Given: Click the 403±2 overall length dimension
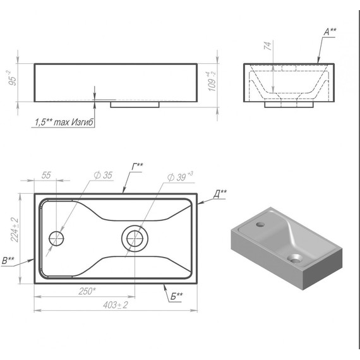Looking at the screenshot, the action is pos(115,305).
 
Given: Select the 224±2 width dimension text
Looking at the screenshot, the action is pos(15,230).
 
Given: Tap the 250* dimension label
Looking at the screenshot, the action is pos(87,291).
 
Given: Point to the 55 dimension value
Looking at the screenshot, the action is pos(46,175).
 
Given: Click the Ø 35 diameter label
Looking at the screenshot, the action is pos(103,175).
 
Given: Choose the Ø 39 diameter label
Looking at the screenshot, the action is pos(180,177).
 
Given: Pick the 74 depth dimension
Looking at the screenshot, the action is pos(268,45).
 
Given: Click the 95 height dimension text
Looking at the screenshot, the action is pos(13,78).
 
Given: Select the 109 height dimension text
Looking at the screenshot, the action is pos(212,81).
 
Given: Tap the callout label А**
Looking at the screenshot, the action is pos(330,32).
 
